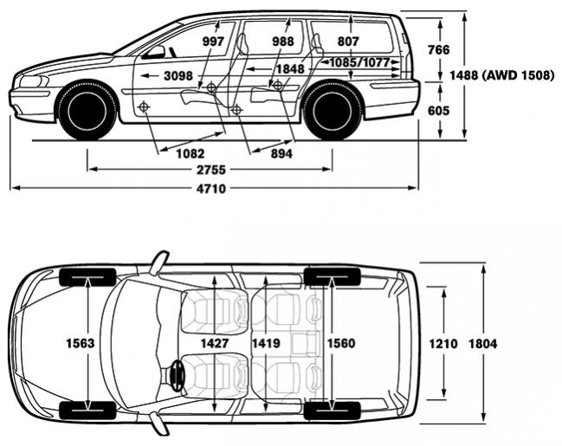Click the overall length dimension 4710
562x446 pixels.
(x=211, y=189)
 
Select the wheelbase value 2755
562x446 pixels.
(x=211, y=170)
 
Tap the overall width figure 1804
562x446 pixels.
(x=483, y=344)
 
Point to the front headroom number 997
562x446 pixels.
(x=213, y=42)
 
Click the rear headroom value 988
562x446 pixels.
(x=283, y=42)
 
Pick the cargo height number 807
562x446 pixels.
(x=348, y=42)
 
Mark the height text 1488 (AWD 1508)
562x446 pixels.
(x=502, y=75)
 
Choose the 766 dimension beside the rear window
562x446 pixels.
(x=438, y=49)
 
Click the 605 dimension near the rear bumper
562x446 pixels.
(x=438, y=111)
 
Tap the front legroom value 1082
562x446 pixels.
(x=191, y=154)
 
